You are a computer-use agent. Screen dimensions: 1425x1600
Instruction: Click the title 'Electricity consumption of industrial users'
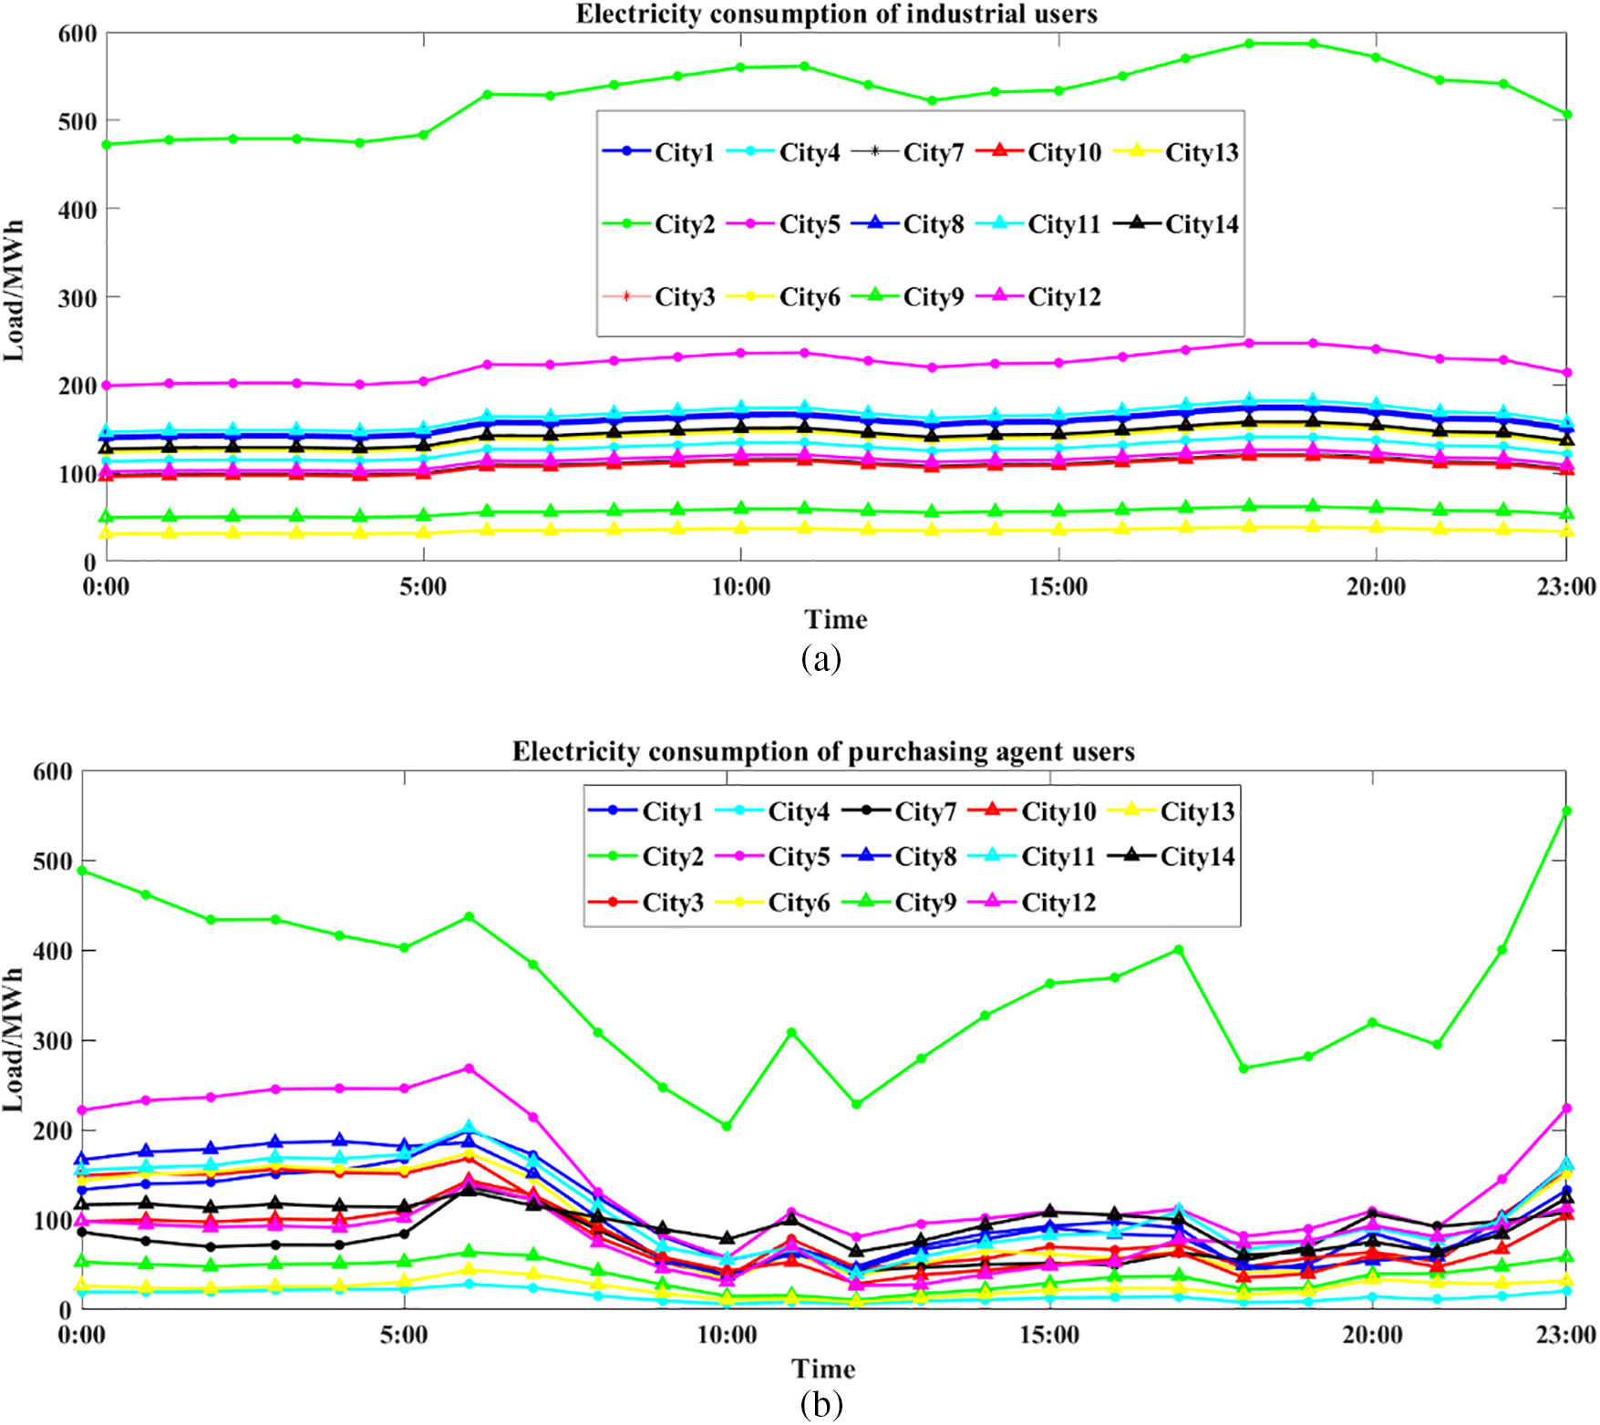pyautogui.click(x=836, y=14)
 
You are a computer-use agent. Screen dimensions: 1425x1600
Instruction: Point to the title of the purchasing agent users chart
pyautogui.click(x=823, y=751)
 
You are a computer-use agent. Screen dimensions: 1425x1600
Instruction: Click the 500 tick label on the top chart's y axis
pyautogui.click(x=77, y=121)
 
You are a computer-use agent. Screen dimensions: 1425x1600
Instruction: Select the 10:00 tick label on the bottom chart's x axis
pyautogui.click(x=727, y=1336)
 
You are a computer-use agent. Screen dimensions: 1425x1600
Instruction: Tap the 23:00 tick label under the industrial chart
pyautogui.click(x=1565, y=586)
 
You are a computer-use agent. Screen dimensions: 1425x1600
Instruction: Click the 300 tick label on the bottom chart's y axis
pyautogui.click(x=52, y=1040)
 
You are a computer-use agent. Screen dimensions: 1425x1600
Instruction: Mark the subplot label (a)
pyautogui.click(x=821, y=657)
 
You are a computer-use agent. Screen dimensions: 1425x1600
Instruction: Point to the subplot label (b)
pyautogui.click(x=821, y=1405)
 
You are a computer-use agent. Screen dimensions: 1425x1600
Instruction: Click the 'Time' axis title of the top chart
pyautogui.click(x=835, y=620)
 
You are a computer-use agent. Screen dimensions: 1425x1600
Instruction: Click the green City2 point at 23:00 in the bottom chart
pyautogui.click(x=1566, y=811)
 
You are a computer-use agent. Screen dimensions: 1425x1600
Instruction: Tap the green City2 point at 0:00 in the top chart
pyautogui.click(x=107, y=144)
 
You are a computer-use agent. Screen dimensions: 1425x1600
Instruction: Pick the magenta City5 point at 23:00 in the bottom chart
pyautogui.click(x=1566, y=1109)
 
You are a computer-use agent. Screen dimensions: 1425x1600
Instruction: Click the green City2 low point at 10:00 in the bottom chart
pyautogui.click(x=727, y=1126)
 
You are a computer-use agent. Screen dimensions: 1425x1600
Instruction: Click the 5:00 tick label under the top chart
pyautogui.click(x=423, y=586)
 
